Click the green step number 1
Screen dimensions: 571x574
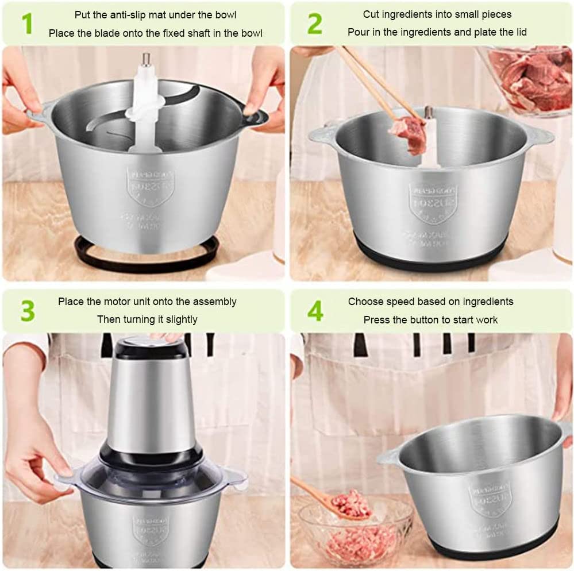pyautogui.click(x=26, y=24)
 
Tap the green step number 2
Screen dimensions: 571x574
pyautogui.click(x=314, y=24)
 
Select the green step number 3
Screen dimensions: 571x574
pyautogui.click(x=27, y=311)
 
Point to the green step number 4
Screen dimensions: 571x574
pyautogui.click(x=315, y=311)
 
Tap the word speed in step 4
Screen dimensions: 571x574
pyautogui.click(x=402, y=302)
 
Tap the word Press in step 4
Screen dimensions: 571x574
pyautogui.click(x=376, y=319)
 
